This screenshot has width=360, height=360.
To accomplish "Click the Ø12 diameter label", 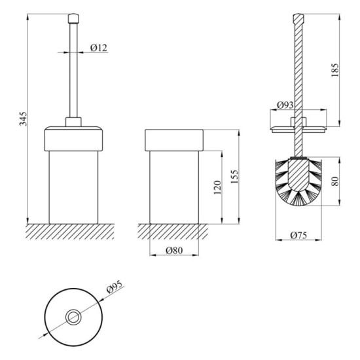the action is click(x=99, y=48).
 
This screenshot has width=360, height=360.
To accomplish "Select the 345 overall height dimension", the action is click(x=23, y=118).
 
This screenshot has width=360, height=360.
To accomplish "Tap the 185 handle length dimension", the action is click(x=335, y=70).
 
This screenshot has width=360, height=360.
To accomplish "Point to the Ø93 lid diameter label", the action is click(x=285, y=105).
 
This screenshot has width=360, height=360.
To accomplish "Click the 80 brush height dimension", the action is click(x=335, y=181).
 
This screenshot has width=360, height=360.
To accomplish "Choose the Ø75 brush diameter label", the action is click(x=298, y=235).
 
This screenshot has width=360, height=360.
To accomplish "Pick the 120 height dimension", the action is click(x=217, y=188).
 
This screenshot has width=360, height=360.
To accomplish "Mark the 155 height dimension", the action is click(x=234, y=177).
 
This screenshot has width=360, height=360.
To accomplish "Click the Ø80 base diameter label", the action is click(x=174, y=250).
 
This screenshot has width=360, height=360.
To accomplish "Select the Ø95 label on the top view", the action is click(x=115, y=287).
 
